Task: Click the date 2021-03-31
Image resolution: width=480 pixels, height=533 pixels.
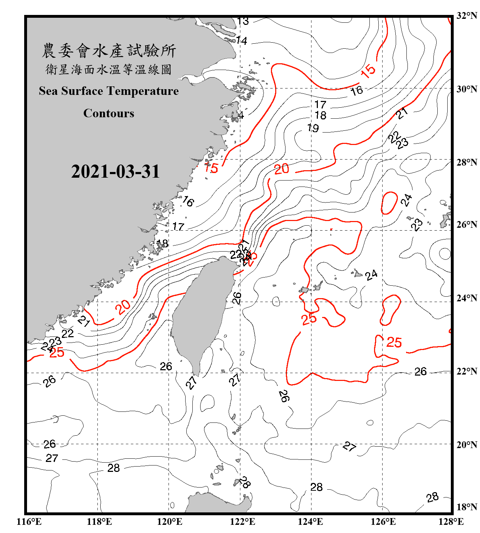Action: pyautogui.click(x=115, y=171)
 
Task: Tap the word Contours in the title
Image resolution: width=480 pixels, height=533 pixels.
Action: pyautogui.click(x=108, y=113)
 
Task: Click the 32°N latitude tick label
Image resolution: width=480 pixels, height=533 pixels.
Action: pyautogui.click(x=466, y=16)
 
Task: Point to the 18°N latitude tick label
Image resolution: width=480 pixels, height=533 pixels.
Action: pyautogui.click(x=466, y=507)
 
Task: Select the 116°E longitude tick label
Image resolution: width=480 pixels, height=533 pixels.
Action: pyautogui.click(x=29, y=522)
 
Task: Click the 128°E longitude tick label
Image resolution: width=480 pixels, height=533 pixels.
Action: pyautogui.click(x=451, y=522)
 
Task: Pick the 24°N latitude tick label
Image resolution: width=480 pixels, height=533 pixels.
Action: pyautogui.click(x=466, y=298)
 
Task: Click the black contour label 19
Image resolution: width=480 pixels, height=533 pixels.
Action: pyautogui.click(x=313, y=128)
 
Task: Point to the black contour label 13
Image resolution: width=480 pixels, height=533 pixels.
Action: pyautogui.click(x=243, y=21)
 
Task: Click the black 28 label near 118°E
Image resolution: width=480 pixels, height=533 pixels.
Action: pyautogui.click(x=113, y=468)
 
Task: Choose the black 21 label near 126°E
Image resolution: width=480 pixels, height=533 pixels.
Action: pyautogui.click(x=402, y=113)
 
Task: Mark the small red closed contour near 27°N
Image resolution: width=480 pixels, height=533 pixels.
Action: pyautogui.click(x=389, y=203)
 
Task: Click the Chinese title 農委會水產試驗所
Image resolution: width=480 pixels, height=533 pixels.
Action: pyautogui.click(x=108, y=50)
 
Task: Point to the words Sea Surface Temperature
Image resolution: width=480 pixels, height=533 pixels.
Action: pyautogui.click(x=108, y=91)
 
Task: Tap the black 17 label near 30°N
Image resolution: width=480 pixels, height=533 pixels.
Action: pyautogui.click(x=320, y=104)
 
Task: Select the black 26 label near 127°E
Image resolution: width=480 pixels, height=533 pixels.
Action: pyautogui.click(x=420, y=372)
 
